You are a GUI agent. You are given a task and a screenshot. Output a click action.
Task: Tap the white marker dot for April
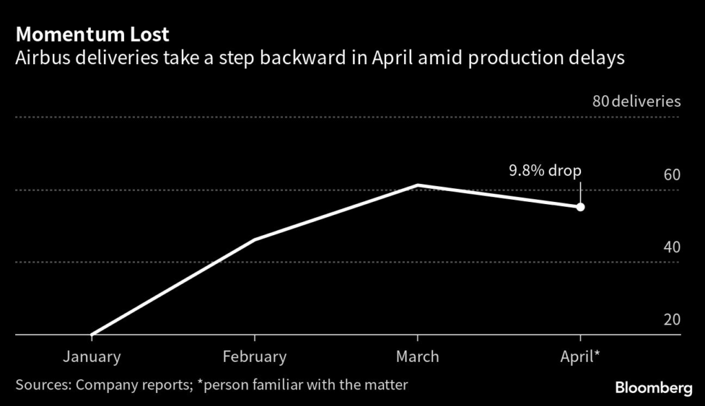click(580, 207)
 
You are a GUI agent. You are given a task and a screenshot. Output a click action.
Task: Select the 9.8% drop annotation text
click(545, 171)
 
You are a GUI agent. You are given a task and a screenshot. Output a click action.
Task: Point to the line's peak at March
click(418, 185)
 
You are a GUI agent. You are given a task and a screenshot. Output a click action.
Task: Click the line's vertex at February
click(255, 239)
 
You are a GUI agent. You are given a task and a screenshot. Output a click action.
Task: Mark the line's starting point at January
click(92, 334)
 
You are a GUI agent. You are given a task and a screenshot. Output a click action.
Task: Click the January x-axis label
click(92, 356)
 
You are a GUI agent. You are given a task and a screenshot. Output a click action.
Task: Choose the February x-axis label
click(255, 356)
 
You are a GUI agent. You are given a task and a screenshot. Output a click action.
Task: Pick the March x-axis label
click(417, 356)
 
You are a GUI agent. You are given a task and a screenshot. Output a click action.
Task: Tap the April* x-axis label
click(580, 356)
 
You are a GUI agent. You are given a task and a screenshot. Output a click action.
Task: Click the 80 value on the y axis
click(600, 102)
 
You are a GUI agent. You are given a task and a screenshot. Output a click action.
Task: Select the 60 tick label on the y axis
click(671, 174)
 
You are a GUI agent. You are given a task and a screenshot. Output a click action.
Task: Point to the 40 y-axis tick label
click(671, 247)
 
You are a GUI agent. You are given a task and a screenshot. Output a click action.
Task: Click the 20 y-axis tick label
click(671, 320)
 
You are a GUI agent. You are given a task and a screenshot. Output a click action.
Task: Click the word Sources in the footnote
click(41, 384)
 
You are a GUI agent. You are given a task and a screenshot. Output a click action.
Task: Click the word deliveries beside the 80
click(646, 102)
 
